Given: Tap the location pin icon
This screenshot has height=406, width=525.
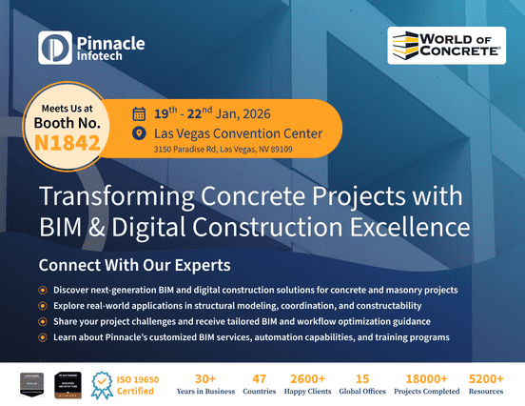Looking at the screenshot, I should click(x=139, y=132).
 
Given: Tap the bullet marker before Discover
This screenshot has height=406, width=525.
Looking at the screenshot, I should click(x=42, y=290).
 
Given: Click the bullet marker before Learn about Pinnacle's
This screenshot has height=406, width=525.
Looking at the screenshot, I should click(x=42, y=337).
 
